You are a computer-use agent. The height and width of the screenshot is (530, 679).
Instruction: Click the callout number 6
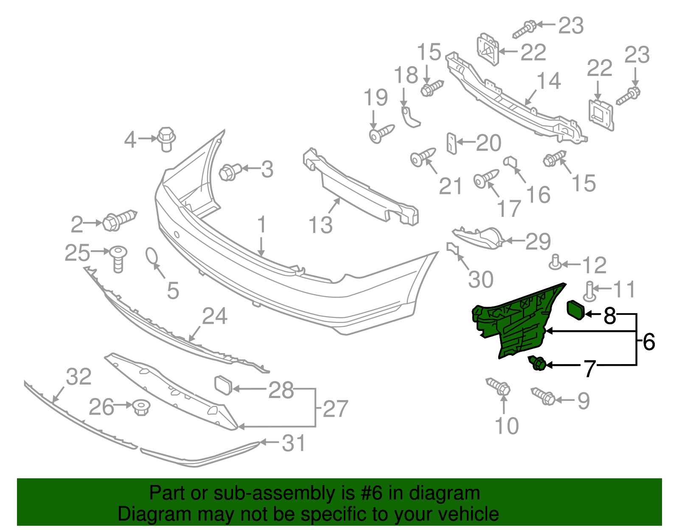tap(649, 342)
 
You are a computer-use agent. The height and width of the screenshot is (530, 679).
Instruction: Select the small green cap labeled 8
tap(576, 310)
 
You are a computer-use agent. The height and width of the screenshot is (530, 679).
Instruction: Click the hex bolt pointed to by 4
tap(166, 138)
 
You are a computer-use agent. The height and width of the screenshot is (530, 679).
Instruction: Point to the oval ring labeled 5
tap(152, 257)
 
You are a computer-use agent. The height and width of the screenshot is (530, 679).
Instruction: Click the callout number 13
tap(320, 225)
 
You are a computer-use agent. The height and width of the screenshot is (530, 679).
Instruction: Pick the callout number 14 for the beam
tap(549, 81)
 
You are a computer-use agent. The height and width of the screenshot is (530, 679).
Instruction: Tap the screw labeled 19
tap(382, 134)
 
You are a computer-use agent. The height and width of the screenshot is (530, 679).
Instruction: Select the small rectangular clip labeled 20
tap(452, 143)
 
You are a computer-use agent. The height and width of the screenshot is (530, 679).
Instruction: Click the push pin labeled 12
tap(555, 263)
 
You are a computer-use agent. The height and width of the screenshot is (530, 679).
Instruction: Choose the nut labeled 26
tap(140, 408)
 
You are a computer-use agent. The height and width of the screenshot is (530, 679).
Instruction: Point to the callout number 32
tap(79, 377)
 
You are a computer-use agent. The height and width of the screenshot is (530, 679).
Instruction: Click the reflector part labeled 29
tap(480, 238)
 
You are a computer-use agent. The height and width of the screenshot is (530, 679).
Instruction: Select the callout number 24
tap(215, 317)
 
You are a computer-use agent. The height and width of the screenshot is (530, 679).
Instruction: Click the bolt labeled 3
tap(230, 172)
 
